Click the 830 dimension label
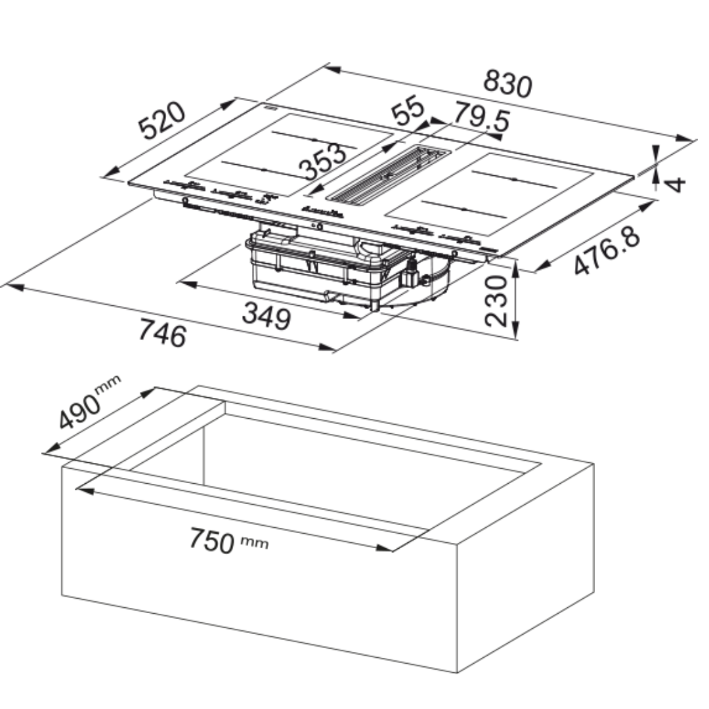point(507,84)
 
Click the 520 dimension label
point(162,121)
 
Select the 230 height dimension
point(496,301)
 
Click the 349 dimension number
point(267,316)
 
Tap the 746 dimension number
point(162,333)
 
